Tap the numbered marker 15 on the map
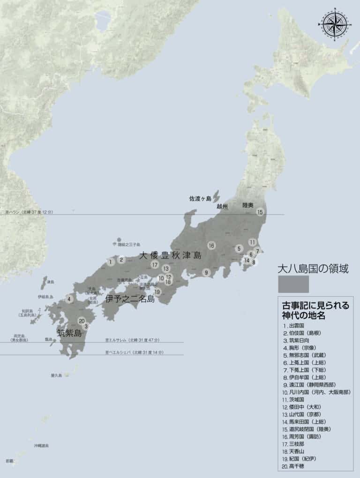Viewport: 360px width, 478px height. (x=260, y=212)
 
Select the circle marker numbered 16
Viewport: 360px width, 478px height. (x=211, y=245)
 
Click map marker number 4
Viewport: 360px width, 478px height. (x=69, y=299)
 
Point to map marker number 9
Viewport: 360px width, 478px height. (x=206, y=272)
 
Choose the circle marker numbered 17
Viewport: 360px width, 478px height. (x=155, y=265)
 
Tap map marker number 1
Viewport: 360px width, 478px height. (x=110, y=262)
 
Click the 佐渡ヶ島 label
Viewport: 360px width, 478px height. (x=200, y=199)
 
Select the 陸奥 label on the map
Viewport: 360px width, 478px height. (x=248, y=205)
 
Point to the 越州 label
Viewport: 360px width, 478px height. (x=222, y=206)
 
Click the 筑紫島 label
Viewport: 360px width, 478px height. (x=69, y=333)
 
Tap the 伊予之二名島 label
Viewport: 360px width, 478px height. (x=130, y=299)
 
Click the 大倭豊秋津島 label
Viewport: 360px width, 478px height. (x=170, y=255)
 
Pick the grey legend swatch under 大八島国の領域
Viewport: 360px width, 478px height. (x=293, y=284)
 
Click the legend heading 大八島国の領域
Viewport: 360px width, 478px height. (x=314, y=269)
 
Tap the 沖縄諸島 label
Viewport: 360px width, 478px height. (x=41, y=446)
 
